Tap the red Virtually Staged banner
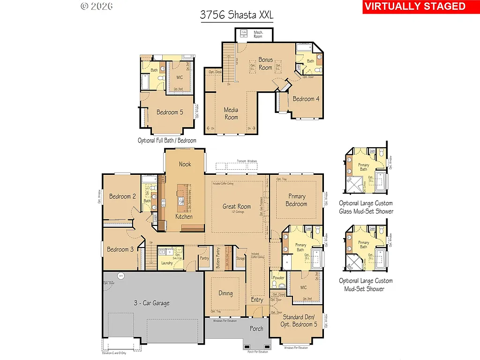tap(414, 7)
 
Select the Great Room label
tap(237, 206)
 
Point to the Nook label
tap(185, 164)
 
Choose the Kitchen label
tap(184, 217)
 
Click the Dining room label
tap(225, 293)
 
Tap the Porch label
tap(256, 329)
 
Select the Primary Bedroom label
tap(296, 200)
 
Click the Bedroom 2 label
tap(123, 196)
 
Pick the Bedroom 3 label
tap(120, 249)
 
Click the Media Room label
tap(231, 113)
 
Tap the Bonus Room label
tap(265, 63)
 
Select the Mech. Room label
tap(258, 34)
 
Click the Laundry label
tap(167, 263)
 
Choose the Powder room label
tap(278, 278)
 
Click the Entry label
tap(257, 300)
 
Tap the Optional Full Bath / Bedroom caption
tap(167, 140)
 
